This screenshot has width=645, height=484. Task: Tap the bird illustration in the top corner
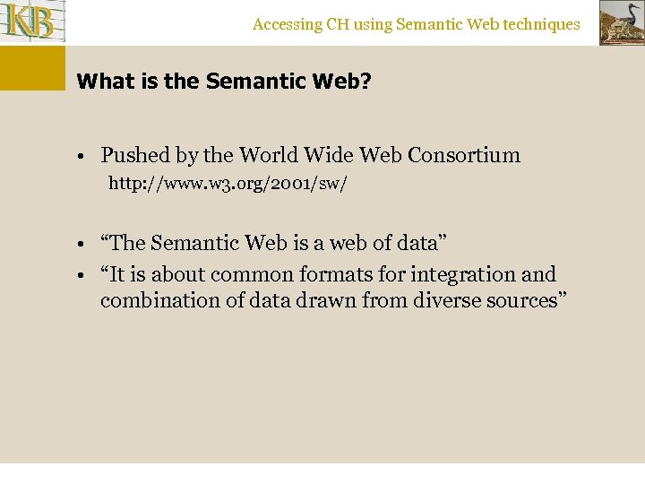(x=621, y=23)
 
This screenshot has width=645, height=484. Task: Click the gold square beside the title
(x=32, y=68)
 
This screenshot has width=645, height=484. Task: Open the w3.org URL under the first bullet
(x=228, y=184)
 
